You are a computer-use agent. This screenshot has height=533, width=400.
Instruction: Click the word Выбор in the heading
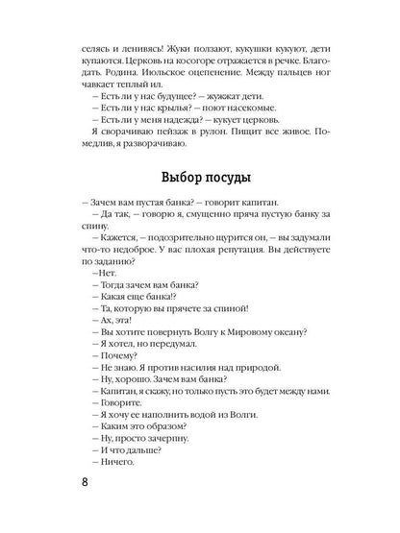[171, 203]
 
